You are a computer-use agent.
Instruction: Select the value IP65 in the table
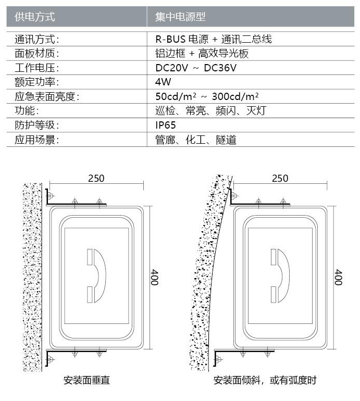(166, 125)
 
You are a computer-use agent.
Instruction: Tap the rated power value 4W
(163, 82)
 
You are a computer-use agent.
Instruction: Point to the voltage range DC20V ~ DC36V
(196, 68)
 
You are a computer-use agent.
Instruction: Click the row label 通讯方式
(37, 39)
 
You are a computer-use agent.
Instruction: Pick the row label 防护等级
(37, 125)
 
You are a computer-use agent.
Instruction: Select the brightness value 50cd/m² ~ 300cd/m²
(207, 96)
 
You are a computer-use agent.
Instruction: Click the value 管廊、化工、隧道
(196, 140)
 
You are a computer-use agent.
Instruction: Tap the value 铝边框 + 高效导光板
(202, 54)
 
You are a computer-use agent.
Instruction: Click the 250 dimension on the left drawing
(96, 178)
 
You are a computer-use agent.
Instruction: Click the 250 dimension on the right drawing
(280, 178)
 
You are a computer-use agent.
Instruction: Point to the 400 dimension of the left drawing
(154, 277)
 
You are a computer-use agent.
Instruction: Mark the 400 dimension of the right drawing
(338, 277)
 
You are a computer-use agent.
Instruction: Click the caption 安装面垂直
(86, 380)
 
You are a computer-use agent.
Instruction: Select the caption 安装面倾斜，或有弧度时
(265, 380)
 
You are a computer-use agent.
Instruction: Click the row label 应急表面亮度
(47, 96)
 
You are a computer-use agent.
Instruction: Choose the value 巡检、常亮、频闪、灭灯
(211, 111)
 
